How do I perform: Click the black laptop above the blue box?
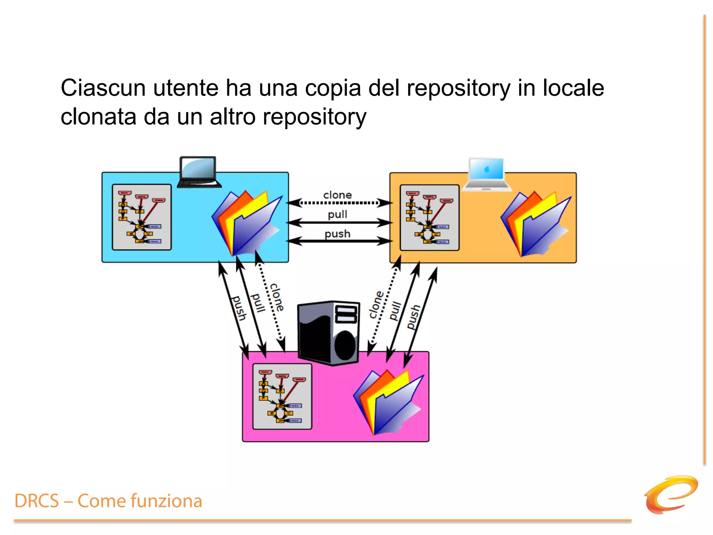tap(199, 172)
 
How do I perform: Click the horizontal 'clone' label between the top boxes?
tap(337, 195)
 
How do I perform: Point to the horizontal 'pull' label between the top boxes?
tap(337, 214)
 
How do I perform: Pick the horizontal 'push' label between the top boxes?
tap(337, 234)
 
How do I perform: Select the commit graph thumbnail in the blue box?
tap(142, 217)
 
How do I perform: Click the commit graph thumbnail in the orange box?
tap(430, 218)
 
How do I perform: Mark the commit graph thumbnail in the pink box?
tap(282, 396)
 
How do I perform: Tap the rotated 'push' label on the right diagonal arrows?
tap(414, 317)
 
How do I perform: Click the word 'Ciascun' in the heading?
tap(103, 88)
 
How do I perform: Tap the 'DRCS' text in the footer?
tap(37, 501)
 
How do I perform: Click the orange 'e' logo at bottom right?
tap(671, 495)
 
